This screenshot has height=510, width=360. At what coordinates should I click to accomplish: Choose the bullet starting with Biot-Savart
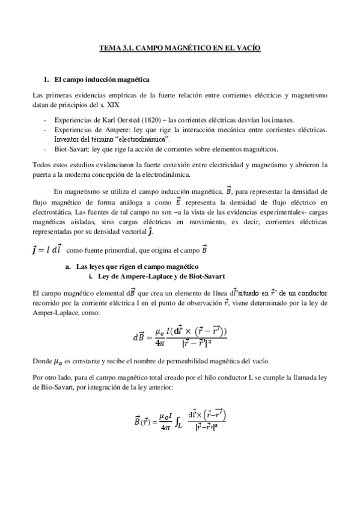click(x=170, y=149)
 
